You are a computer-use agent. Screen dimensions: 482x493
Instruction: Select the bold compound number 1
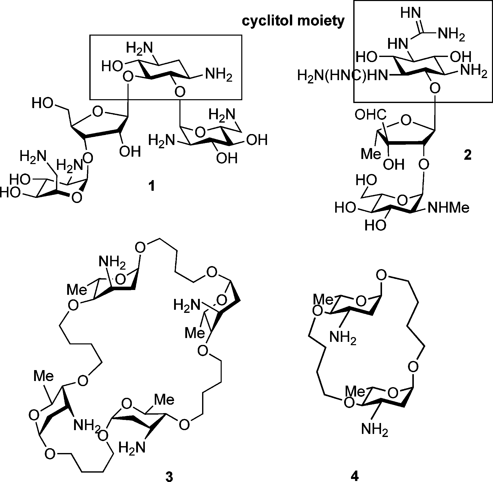coord(151,187)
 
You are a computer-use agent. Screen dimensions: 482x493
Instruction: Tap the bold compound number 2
coord(468,155)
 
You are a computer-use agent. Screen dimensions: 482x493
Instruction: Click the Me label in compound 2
coord(371,154)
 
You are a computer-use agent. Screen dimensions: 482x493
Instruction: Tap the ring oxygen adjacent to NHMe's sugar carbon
coord(402,200)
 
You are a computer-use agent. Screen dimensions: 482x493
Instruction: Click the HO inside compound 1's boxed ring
coord(112,67)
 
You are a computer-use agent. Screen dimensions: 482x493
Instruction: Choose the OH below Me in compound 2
coord(393,165)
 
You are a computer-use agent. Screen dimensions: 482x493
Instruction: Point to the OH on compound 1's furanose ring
coord(130,152)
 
